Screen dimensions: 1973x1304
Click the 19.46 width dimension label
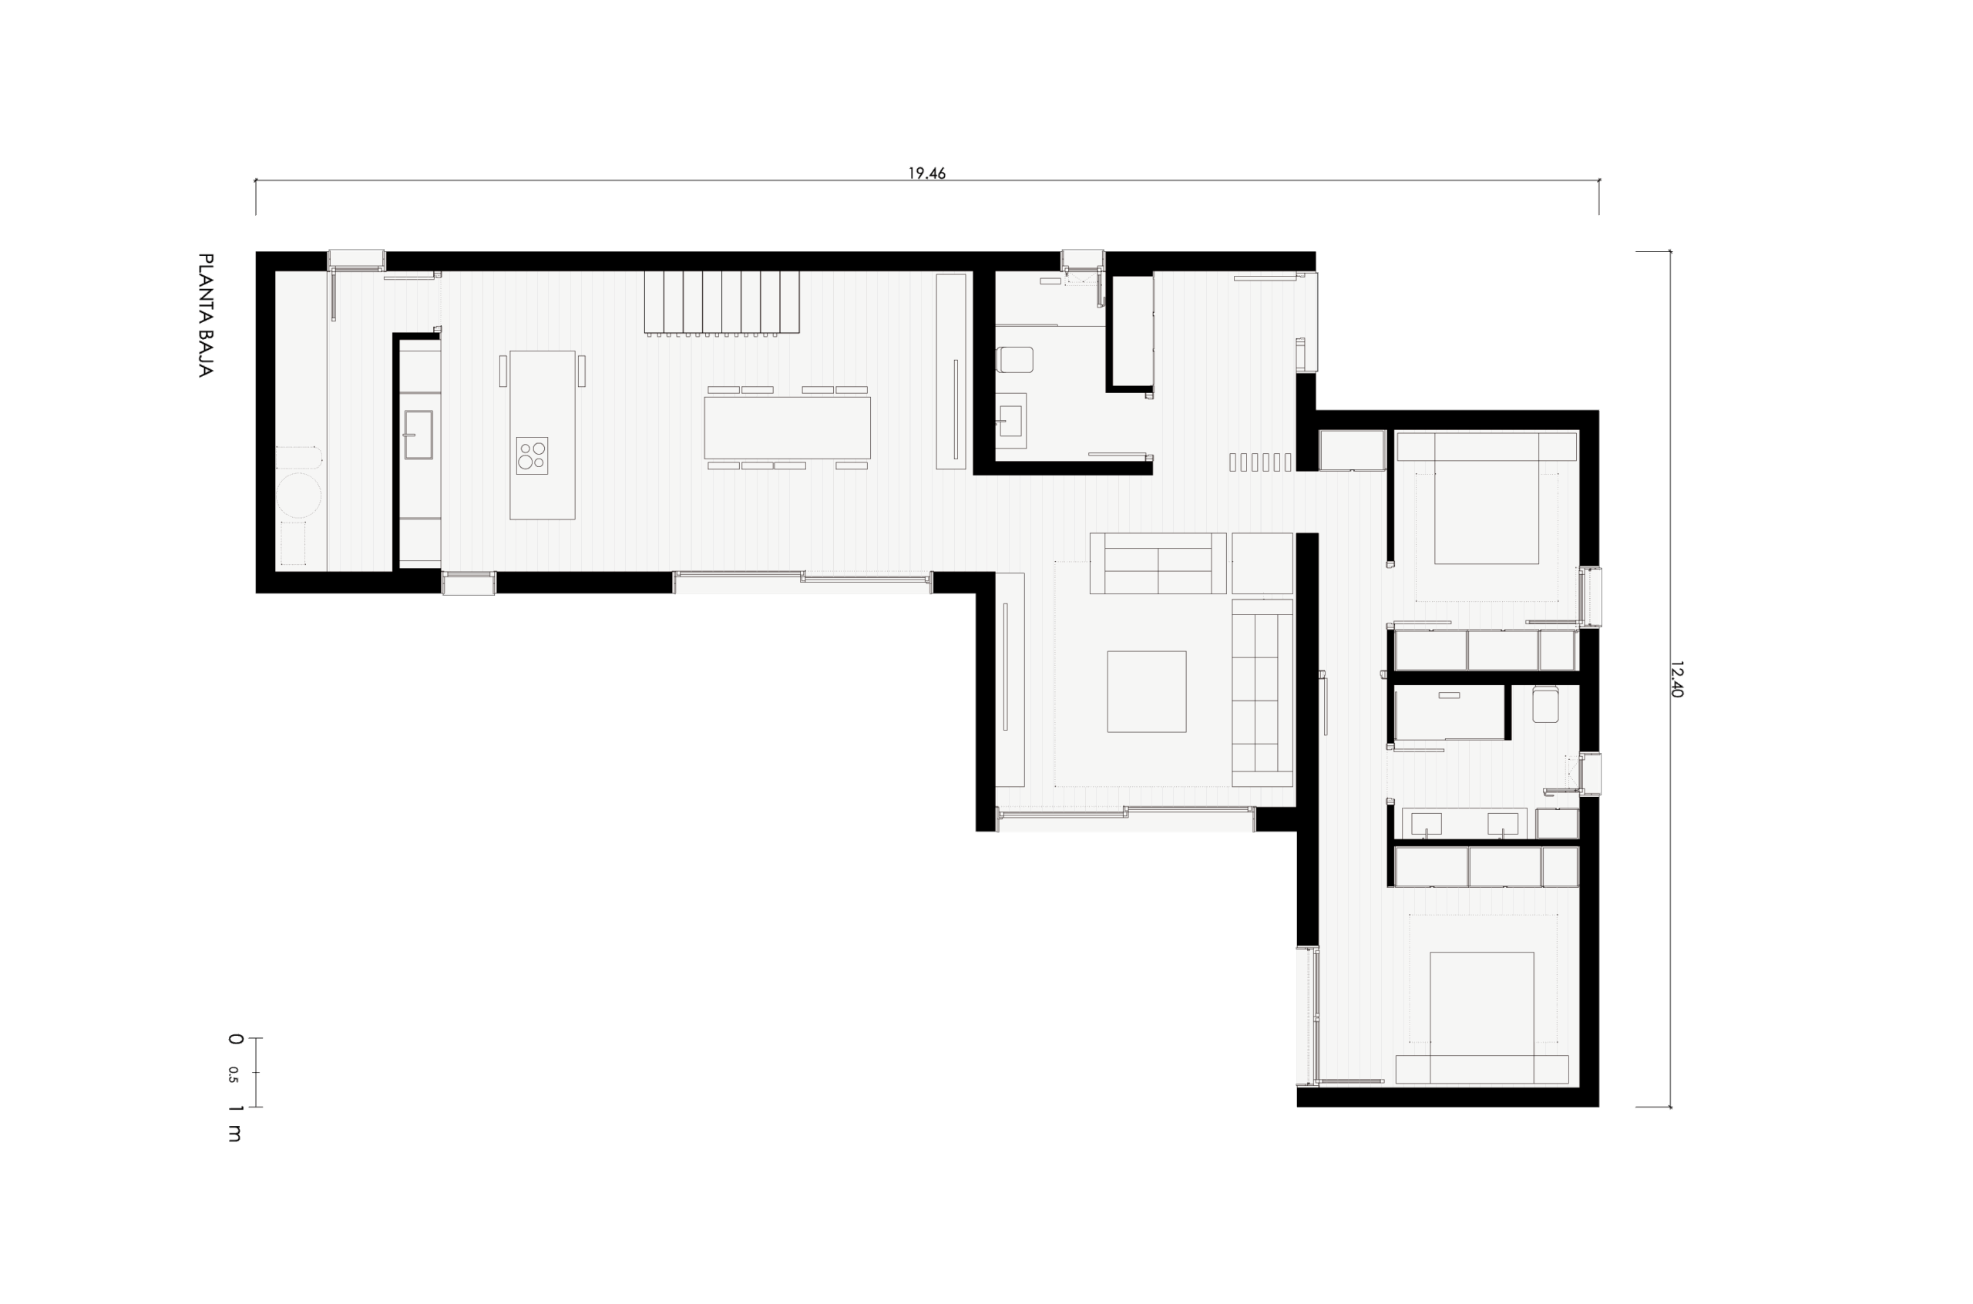(926, 173)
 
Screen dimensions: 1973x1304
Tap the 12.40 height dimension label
(1676, 679)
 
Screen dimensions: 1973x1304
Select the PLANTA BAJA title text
(205, 315)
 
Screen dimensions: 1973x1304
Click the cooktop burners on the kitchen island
(531, 455)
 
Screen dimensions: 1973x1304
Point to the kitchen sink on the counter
(418, 434)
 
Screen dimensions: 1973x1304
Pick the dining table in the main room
(788, 428)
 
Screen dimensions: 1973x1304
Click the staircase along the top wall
(721, 302)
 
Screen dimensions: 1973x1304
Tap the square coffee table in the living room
(1147, 691)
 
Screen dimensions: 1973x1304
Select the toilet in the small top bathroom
(1014, 359)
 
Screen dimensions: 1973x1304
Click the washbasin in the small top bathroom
(1011, 421)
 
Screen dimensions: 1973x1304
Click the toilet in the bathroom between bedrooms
(1544, 704)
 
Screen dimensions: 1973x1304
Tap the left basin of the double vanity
(1427, 823)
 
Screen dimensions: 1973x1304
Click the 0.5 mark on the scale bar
(233, 1074)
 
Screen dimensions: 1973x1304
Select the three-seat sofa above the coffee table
(1158, 563)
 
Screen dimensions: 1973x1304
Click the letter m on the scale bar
(234, 1133)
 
